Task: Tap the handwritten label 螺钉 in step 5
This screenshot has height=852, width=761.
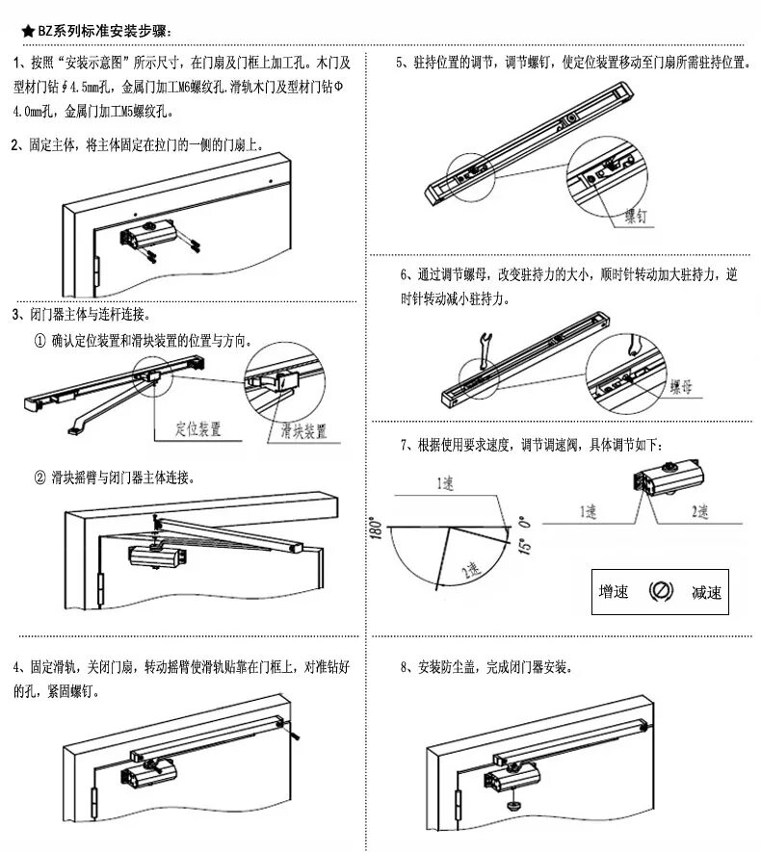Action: click(637, 216)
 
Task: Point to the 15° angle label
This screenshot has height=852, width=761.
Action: click(524, 531)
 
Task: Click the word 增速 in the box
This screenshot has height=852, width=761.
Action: click(614, 592)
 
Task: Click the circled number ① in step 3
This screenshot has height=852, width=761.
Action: click(39, 342)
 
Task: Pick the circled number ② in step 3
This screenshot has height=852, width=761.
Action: click(39, 478)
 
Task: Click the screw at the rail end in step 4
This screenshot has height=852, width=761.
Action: click(294, 735)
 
